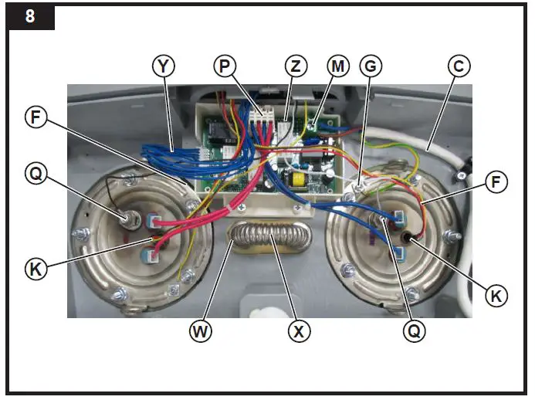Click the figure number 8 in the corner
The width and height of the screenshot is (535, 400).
click(29, 16)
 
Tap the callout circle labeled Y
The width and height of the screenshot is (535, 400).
click(163, 67)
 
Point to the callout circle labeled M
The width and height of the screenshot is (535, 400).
click(337, 67)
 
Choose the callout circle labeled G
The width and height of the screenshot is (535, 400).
click(371, 67)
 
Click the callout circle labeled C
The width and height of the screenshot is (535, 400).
click(459, 67)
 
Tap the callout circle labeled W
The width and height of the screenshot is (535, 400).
click(201, 332)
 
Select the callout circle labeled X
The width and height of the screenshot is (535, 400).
click(299, 332)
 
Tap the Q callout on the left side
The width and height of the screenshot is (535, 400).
click(35, 174)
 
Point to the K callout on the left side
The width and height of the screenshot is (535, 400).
click(35, 269)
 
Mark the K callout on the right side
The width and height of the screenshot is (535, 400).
click(497, 294)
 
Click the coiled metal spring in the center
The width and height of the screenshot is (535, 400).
click(268, 236)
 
